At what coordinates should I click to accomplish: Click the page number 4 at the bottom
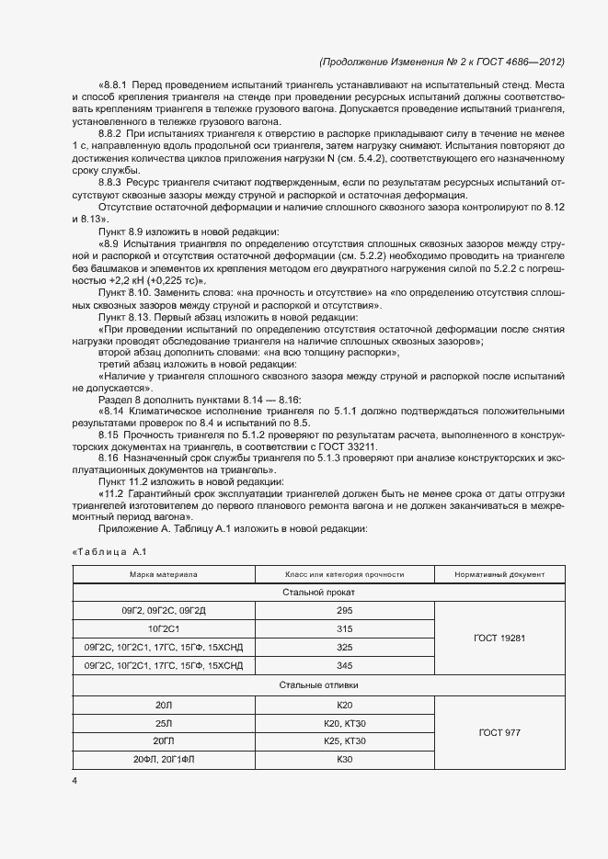75,782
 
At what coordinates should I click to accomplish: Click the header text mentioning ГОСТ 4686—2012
442,62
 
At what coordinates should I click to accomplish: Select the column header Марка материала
163,574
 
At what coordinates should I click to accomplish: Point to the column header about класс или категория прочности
345,574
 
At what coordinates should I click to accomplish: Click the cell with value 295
345,610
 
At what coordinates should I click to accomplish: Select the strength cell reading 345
345,665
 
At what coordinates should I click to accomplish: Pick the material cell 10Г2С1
163,628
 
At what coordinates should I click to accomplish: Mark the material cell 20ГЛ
163,740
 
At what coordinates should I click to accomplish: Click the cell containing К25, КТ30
345,740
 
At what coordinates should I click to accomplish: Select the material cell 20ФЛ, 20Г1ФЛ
163,759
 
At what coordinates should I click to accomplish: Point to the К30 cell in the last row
345,759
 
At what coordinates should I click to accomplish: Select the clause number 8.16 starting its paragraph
109,457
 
